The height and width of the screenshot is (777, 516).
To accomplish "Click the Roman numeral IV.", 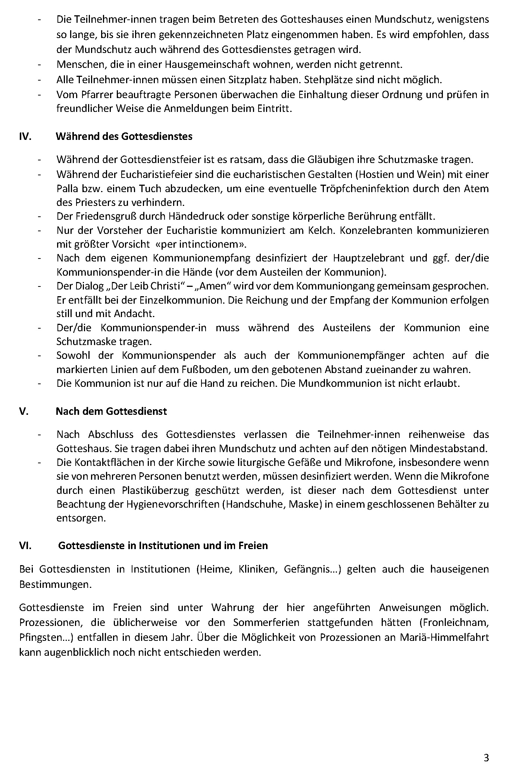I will [25, 137].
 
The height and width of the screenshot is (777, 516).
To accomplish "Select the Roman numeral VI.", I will [25, 545].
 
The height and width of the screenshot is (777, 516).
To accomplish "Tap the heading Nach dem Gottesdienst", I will [111, 411].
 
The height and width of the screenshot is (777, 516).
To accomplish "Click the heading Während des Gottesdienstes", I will [124, 137].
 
